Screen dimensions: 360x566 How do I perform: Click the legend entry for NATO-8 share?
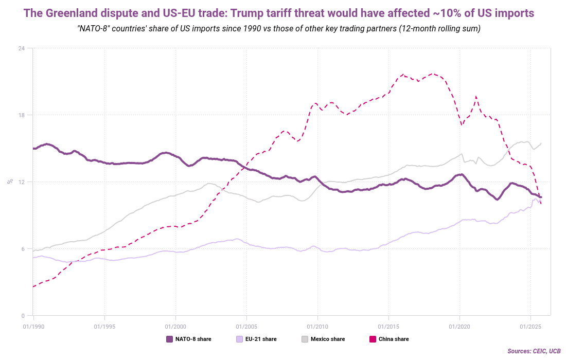tap(188, 339)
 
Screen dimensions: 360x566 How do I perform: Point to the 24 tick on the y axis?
tap(22, 48)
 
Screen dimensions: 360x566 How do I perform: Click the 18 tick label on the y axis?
tap(22, 115)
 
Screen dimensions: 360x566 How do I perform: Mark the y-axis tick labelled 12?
tap(22, 182)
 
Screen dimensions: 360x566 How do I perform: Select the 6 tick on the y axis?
tap(23, 249)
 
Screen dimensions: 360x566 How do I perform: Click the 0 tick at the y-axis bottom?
tap(23, 316)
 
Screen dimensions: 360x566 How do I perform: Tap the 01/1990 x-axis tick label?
tap(33, 326)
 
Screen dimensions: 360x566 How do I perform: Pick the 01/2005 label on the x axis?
tap(246, 326)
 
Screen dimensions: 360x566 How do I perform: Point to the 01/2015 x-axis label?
tap(388, 326)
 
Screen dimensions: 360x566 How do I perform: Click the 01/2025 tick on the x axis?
tap(530, 326)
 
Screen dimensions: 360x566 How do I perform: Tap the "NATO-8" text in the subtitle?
tap(93, 28)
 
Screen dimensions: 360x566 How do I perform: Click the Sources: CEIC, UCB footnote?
tap(534, 351)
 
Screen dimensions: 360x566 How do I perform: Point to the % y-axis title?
tap(10, 182)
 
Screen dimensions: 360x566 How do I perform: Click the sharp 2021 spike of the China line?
tap(476, 97)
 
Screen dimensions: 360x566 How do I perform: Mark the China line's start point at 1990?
tap(33, 286)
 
